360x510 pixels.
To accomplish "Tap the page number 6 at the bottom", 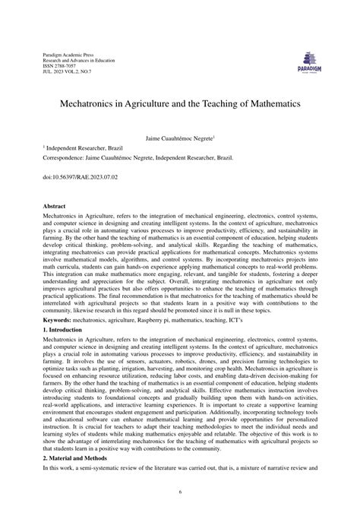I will (x=180, y=493).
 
